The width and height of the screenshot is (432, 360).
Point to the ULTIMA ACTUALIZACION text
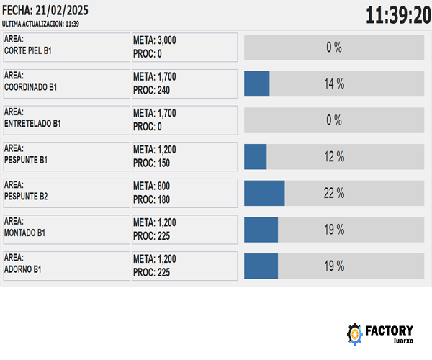pos(40,24)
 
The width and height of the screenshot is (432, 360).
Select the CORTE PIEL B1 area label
pos(28,51)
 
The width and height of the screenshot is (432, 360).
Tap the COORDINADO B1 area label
pos(30,87)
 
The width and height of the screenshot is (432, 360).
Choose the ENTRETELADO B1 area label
pos(32,124)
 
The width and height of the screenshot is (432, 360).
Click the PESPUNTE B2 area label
pos(26,196)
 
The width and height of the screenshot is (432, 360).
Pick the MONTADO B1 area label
pos(25,233)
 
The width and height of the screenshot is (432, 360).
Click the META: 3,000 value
pos(155,40)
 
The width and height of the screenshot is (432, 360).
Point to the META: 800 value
pos(152,186)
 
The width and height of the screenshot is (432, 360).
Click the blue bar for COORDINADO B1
pos(257,84)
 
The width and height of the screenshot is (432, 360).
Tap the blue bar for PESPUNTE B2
pos(264,193)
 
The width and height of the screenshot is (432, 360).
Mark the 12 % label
pos(333,157)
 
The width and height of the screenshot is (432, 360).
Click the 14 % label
pos(333,84)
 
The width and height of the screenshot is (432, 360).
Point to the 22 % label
pos(333,193)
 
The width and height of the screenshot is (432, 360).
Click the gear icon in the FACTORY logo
pos(355,333)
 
